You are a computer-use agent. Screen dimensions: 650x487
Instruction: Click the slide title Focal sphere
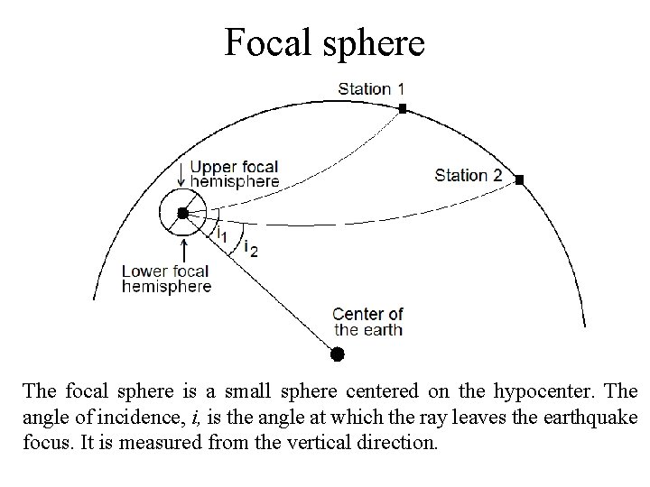point(324,41)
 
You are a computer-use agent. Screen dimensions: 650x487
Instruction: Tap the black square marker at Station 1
point(403,108)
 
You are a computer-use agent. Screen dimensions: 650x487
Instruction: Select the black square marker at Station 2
point(520,179)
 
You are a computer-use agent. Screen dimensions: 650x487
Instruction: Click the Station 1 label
point(371,88)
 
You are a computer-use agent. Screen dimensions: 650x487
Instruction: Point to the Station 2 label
point(468,175)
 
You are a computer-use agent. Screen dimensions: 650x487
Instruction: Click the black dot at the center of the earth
point(337,354)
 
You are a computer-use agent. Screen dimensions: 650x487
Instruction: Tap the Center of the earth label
point(367,322)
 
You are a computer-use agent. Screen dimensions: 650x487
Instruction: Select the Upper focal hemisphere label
point(235,173)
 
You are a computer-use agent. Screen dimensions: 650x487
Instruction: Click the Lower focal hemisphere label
point(166,279)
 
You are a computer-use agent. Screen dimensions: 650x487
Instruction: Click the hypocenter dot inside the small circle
point(182,213)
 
